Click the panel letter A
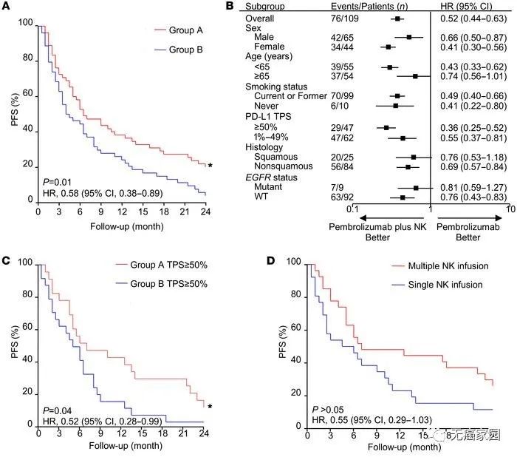(x=6, y=6)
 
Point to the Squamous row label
(x=277, y=157)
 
